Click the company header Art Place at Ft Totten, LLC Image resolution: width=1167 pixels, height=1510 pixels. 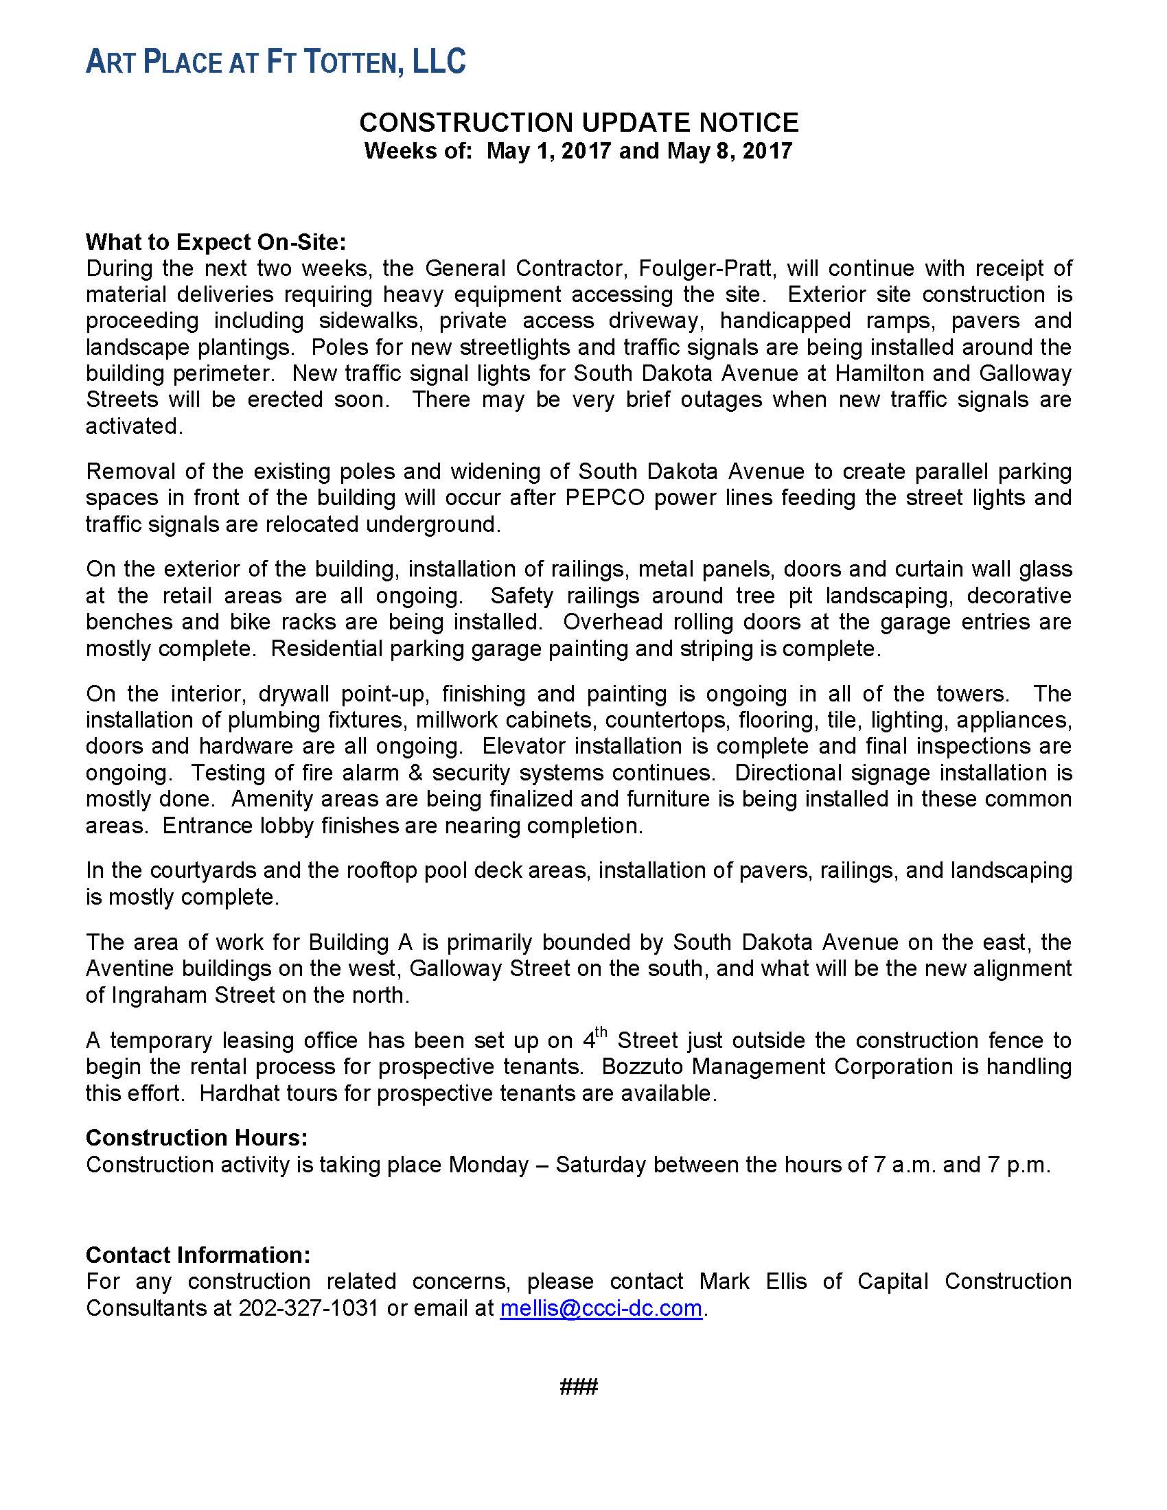275,62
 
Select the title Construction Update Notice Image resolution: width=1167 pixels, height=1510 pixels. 579,123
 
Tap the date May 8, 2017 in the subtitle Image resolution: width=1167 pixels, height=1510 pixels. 729,151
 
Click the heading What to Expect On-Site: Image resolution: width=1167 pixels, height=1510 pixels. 215,242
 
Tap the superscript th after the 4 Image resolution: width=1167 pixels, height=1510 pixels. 601,1033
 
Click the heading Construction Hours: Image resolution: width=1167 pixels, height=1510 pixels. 196,1137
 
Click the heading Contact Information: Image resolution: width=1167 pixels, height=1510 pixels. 198,1255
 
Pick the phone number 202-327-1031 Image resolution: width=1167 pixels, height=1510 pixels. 308,1308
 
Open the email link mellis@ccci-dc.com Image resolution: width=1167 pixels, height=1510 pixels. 601,1308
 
